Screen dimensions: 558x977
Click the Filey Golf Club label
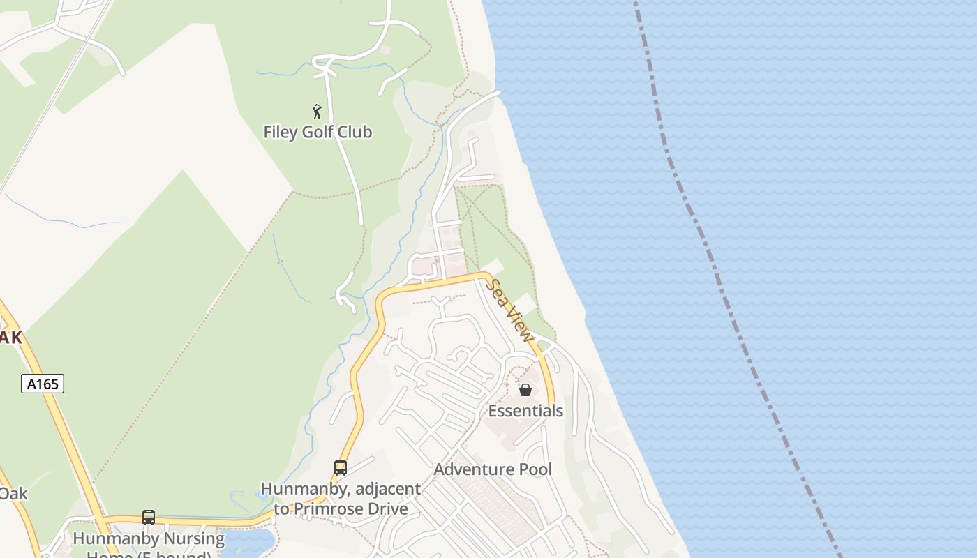(x=318, y=132)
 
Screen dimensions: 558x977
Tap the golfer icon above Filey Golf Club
(x=317, y=112)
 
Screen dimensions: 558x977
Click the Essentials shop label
(x=525, y=411)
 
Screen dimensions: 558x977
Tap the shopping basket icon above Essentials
(x=525, y=390)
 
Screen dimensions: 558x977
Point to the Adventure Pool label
(x=493, y=469)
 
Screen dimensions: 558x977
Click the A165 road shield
(x=43, y=383)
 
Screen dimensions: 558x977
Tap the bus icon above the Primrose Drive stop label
(x=341, y=468)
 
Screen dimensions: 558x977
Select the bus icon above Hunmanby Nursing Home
(x=149, y=517)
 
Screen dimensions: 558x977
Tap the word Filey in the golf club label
(x=281, y=132)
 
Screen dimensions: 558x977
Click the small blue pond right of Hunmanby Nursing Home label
(x=248, y=541)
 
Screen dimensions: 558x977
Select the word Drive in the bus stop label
(x=388, y=508)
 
